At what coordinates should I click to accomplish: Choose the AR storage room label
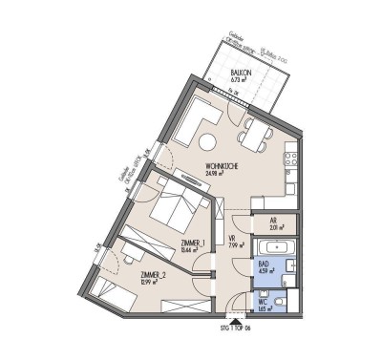click(273, 219)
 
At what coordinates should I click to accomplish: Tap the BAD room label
click(263, 266)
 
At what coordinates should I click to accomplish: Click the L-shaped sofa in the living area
click(191, 119)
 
